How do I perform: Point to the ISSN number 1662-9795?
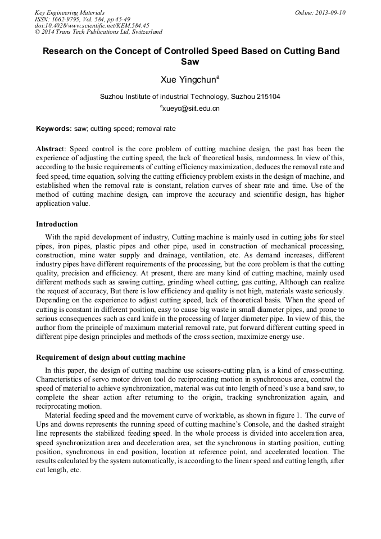coord(67,19)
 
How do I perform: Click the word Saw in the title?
coord(190,62)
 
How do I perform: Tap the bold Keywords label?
coord(54,129)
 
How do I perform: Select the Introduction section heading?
coord(57,224)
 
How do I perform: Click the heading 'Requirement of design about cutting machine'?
coord(111,357)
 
